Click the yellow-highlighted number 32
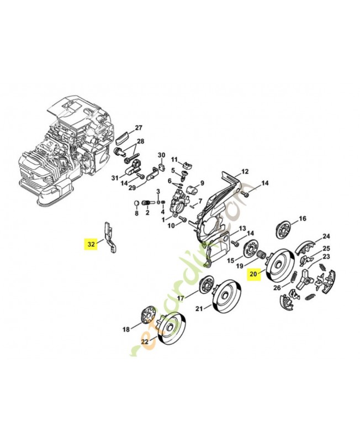coord(90,243)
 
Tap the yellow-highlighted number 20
coord(254,273)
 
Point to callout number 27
coord(139,128)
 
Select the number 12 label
coord(245,171)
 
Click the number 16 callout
coord(302,219)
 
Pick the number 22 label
coord(145,341)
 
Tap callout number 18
coord(126,329)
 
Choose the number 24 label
coord(326,236)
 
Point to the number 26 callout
coord(276,287)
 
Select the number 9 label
coord(202,183)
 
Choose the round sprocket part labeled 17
coord(208,285)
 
